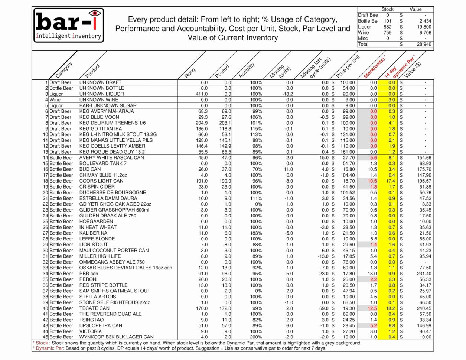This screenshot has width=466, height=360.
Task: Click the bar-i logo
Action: tap(69, 25)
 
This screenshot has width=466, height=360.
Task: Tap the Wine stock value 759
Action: tap(387, 33)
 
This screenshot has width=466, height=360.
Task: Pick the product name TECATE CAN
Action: tap(94, 308)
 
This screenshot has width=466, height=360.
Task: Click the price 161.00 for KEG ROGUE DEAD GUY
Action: tap(347, 152)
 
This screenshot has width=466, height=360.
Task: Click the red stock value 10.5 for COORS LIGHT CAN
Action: tap(372, 181)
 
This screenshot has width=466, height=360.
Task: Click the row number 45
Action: tap(45, 337)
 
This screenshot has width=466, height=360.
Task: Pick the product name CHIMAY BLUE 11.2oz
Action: tap(103, 175)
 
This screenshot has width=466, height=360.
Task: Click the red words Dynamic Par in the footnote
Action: tap(50, 348)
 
